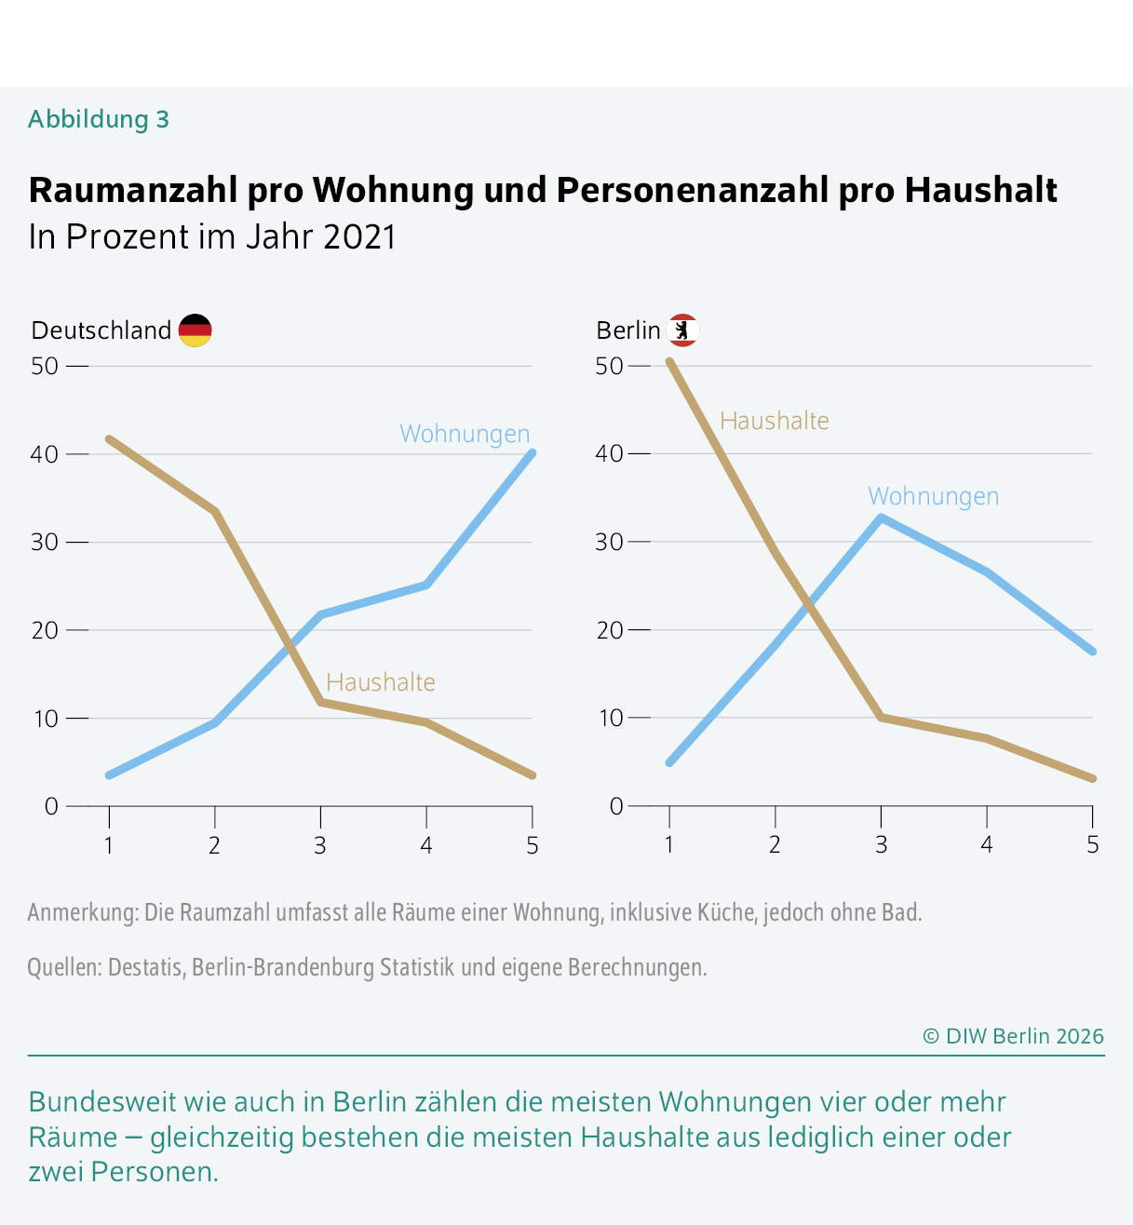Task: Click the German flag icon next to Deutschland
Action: pyautogui.click(x=195, y=330)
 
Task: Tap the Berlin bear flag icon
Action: pyautogui.click(x=682, y=330)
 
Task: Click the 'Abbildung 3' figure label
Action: pyautogui.click(x=99, y=119)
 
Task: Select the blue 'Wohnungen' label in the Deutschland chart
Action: pyautogui.click(x=465, y=434)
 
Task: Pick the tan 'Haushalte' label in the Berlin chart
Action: pyautogui.click(x=774, y=421)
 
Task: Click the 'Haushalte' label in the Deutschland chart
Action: pyautogui.click(x=380, y=682)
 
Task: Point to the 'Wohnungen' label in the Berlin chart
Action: pyautogui.click(x=933, y=496)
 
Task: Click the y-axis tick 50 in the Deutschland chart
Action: pyautogui.click(x=45, y=366)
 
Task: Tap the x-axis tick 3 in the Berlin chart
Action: pyautogui.click(x=881, y=845)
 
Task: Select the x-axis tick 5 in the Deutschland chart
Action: pyautogui.click(x=532, y=846)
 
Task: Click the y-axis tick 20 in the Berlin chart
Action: pyautogui.click(x=609, y=630)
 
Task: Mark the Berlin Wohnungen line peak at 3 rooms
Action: pyautogui.click(x=881, y=518)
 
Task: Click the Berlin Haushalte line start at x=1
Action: pyautogui.click(x=669, y=361)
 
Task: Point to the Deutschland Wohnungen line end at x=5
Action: pyautogui.click(x=532, y=453)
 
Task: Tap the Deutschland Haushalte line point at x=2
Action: pyautogui.click(x=215, y=511)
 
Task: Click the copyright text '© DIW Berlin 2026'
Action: pyautogui.click(x=1013, y=1036)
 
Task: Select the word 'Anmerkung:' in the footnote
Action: pyautogui.click(x=83, y=912)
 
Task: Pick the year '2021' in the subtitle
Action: pyautogui.click(x=359, y=236)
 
